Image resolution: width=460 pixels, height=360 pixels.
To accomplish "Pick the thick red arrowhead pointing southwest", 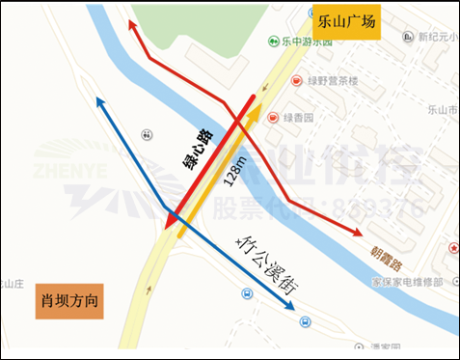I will [170, 225].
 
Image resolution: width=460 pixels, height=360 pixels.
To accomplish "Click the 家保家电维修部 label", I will [407, 281].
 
